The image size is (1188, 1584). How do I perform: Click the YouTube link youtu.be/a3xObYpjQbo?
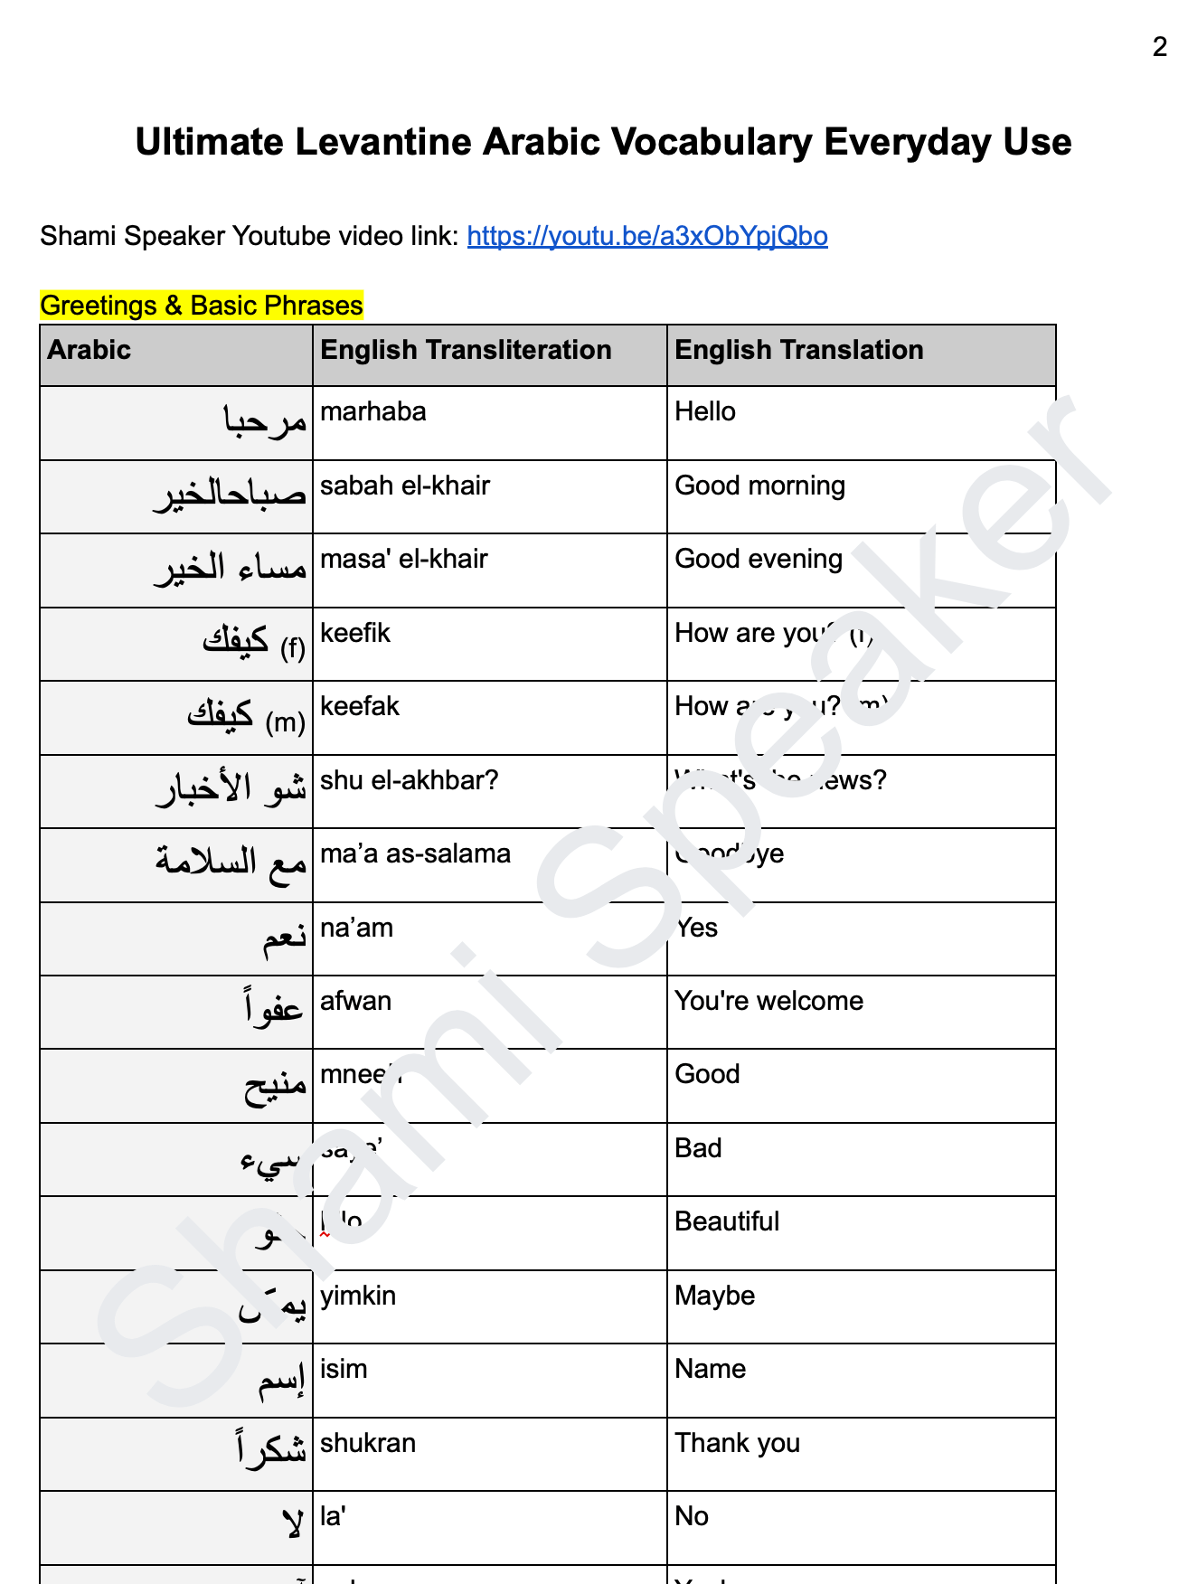pos(646,236)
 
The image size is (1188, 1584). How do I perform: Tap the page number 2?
pos(1160,47)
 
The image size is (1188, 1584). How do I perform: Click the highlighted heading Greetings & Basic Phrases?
pos(201,306)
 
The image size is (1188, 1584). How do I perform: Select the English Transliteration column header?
pos(466,350)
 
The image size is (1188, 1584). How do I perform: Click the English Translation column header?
pos(798,350)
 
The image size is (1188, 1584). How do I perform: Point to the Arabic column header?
pos(89,350)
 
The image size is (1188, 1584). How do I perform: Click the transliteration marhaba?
pos(372,411)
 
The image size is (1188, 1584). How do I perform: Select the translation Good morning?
pos(759,486)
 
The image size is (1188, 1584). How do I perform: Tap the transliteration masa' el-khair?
pos(403,559)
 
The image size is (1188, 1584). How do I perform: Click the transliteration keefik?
pos(354,633)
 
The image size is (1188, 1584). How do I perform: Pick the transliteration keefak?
pos(359,706)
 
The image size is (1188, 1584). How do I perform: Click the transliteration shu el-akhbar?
pos(409,780)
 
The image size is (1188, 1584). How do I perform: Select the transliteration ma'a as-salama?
pos(415,853)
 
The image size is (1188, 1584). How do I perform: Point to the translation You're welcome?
pos(768,1001)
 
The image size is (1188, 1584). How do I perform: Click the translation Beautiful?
pos(726,1221)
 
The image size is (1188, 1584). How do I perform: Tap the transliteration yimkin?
pos(358,1296)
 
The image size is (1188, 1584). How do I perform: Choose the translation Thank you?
pos(737,1443)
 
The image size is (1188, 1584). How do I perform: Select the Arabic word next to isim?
pos(281,1381)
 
